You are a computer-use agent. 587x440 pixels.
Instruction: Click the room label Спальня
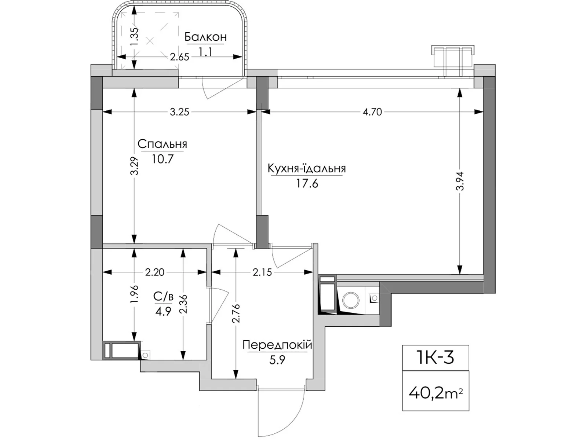(162, 144)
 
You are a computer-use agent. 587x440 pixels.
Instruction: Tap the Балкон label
(205, 37)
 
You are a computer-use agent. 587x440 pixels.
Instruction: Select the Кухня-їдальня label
(306, 168)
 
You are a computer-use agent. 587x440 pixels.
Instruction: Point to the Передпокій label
(277, 345)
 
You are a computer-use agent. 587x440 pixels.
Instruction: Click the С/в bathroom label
(163, 296)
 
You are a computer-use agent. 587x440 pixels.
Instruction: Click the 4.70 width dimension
(372, 112)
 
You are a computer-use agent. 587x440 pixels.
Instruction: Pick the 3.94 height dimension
(460, 181)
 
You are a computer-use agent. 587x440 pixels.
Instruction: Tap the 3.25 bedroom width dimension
(179, 112)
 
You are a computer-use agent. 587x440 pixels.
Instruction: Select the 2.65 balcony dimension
(179, 57)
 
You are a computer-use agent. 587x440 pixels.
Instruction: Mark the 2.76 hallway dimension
(236, 313)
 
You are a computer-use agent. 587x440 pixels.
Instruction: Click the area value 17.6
(307, 183)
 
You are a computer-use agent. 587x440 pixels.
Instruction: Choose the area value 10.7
(162, 159)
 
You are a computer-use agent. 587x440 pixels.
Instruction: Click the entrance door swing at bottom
(281, 411)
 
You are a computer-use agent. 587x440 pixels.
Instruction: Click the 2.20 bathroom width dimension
(154, 272)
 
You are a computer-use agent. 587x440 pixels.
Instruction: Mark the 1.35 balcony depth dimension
(135, 37)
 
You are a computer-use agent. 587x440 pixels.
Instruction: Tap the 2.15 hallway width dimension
(262, 272)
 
